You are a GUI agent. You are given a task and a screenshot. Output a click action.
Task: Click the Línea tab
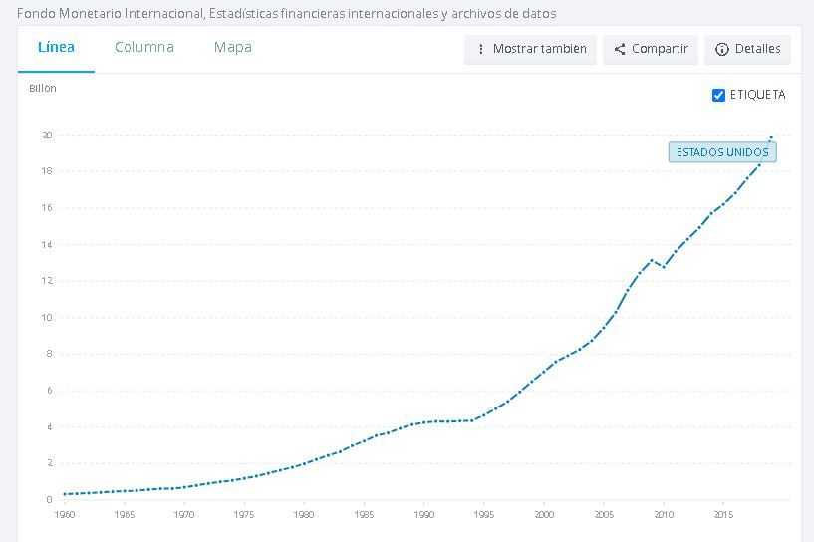[56, 47]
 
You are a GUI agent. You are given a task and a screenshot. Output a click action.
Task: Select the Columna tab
[143, 47]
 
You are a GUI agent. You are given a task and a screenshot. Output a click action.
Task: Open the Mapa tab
[232, 47]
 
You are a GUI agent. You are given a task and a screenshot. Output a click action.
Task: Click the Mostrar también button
[530, 49]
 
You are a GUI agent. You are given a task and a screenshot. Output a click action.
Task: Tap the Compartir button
[650, 49]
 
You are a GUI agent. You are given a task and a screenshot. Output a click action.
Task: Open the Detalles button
[748, 49]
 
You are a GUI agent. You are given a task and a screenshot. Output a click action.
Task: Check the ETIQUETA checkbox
[718, 95]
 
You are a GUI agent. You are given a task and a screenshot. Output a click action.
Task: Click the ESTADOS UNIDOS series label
[722, 152]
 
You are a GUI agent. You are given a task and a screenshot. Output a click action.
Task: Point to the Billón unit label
[43, 89]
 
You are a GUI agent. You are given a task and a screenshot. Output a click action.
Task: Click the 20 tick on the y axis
[47, 135]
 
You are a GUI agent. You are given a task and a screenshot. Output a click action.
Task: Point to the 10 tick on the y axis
[47, 318]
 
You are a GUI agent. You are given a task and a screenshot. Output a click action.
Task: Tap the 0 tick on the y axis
[49, 500]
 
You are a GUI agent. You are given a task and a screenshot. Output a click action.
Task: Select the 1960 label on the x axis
[65, 514]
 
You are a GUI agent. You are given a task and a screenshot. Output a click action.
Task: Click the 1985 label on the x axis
[364, 514]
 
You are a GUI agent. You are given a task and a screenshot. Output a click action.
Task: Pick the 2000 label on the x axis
[544, 514]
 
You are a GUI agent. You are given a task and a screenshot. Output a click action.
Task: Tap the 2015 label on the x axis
[723, 514]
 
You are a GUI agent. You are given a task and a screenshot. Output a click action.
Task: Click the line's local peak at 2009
[652, 260]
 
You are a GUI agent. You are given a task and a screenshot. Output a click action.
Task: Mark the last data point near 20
[771, 136]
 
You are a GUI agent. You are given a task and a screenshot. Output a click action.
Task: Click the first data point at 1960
[65, 494]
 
